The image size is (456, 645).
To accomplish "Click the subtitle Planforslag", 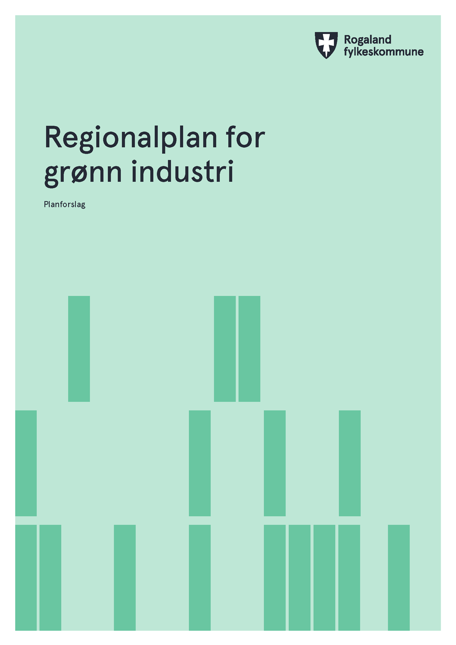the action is click(65, 205).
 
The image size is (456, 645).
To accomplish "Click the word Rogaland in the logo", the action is click(367, 40).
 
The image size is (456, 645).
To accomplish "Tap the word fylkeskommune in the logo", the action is click(384, 52).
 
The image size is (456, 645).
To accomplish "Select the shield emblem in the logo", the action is click(326, 45).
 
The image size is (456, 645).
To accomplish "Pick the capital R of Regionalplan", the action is click(53, 137).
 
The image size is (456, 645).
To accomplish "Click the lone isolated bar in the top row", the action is click(79, 349).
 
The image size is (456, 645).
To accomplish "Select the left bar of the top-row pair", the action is click(225, 349).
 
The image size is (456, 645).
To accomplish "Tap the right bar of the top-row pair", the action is click(249, 349).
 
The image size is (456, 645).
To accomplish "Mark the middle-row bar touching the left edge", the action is click(26, 463).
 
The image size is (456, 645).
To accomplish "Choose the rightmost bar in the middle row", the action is click(350, 463).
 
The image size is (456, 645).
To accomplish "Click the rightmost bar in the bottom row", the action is click(399, 578).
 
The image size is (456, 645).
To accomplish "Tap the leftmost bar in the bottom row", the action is click(26, 578).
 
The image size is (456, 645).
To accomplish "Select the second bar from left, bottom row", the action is click(51, 578).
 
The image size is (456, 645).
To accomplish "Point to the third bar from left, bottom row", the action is click(125, 578).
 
